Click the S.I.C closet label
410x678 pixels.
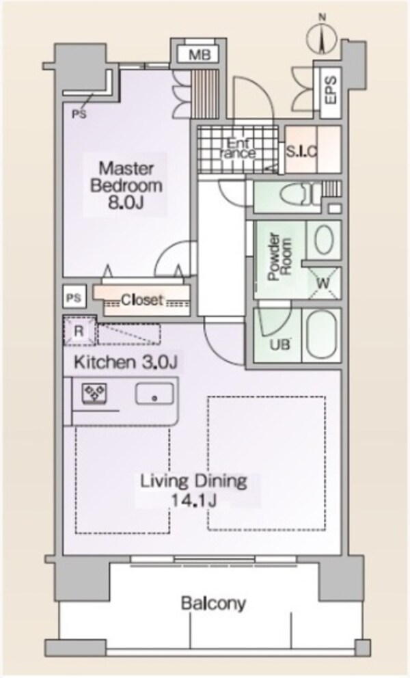[301, 152]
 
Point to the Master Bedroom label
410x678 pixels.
[126, 176]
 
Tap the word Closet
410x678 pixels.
[142, 299]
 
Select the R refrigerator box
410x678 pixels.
[79, 332]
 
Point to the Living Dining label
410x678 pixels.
[193, 480]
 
